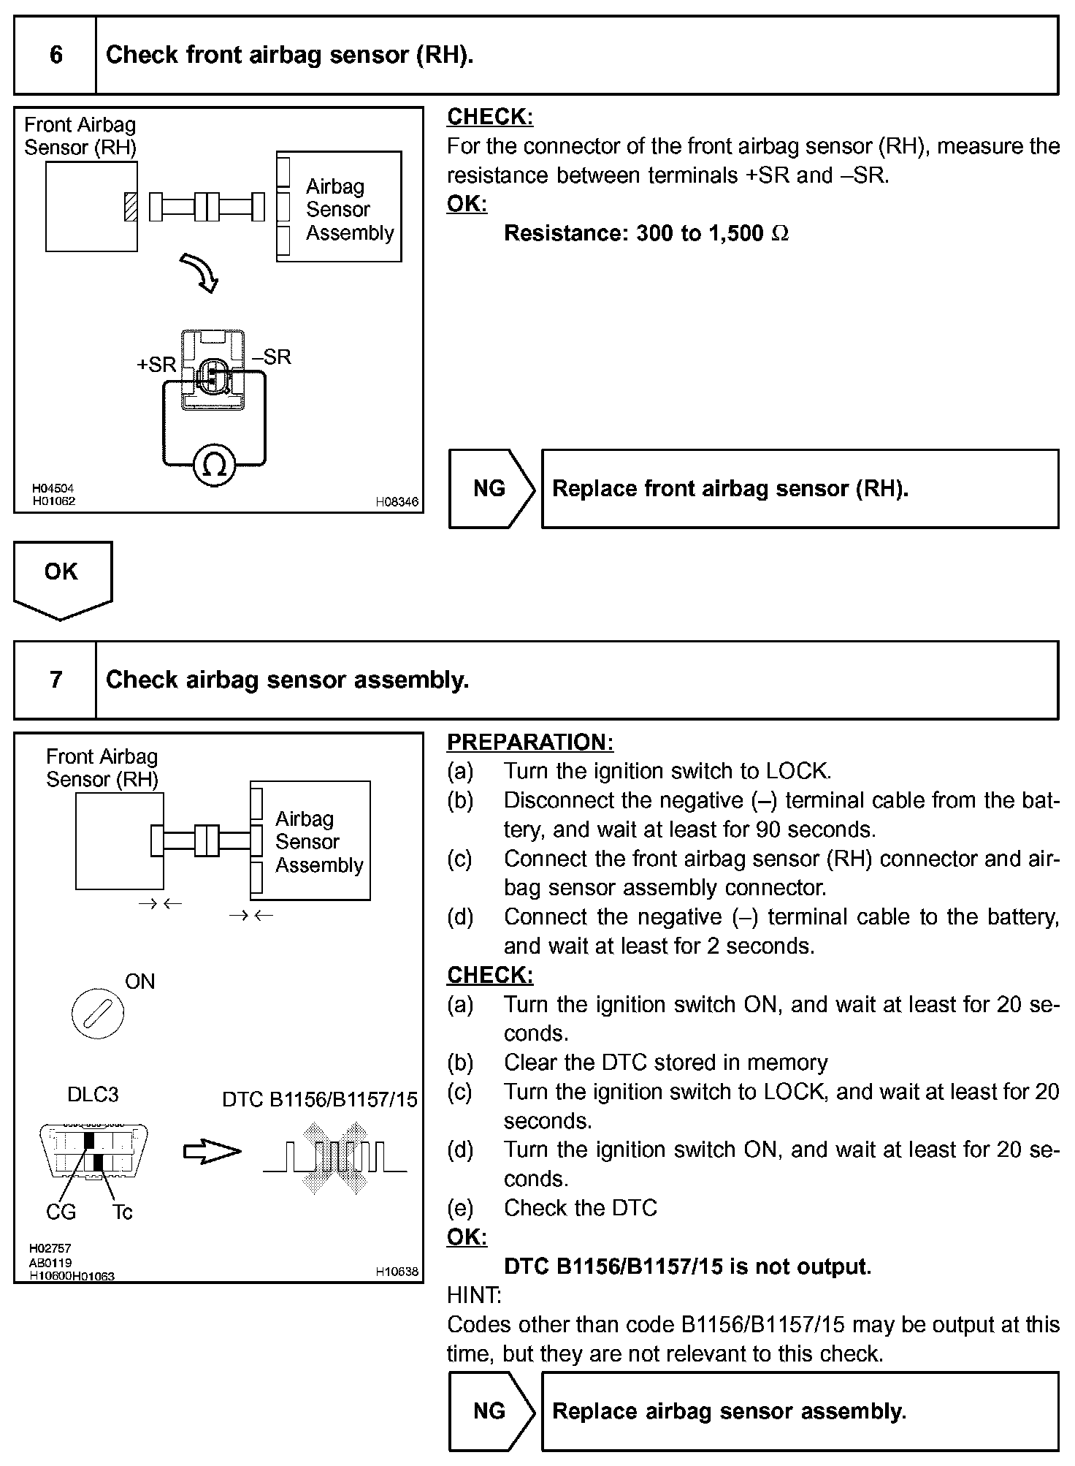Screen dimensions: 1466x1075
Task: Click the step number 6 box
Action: (x=56, y=56)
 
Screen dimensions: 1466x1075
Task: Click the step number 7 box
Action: (x=56, y=680)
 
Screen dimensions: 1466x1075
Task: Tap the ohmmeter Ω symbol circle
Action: (x=214, y=464)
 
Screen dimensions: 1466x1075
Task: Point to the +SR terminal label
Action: (x=156, y=364)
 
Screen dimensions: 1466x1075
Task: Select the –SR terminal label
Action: (x=271, y=357)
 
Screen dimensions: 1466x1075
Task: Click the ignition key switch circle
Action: (x=98, y=1014)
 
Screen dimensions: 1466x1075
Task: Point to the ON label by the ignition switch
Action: (x=140, y=981)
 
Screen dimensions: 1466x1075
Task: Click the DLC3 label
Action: (x=93, y=1095)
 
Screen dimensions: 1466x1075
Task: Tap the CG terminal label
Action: (x=61, y=1212)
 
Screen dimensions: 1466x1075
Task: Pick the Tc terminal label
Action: (x=123, y=1212)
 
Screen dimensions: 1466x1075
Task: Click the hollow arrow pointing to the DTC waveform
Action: (x=212, y=1152)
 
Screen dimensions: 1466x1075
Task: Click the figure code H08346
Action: (x=397, y=502)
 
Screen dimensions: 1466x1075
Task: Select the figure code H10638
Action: (x=397, y=1272)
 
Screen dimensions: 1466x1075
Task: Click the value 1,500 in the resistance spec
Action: (x=735, y=234)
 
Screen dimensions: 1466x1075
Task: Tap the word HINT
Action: (x=474, y=1296)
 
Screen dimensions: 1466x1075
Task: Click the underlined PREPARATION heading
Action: (x=530, y=743)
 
